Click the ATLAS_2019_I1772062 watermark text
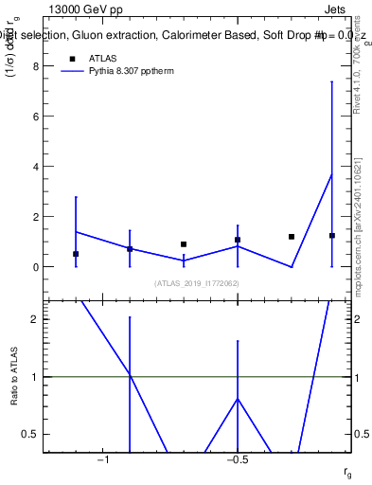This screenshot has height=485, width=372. pyautogui.click(x=196, y=283)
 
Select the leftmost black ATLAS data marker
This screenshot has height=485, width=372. pyautogui.click(x=76, y=254)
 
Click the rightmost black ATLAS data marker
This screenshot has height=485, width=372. pyautogui.click(x=332, y=236)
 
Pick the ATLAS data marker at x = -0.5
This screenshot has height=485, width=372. pyautogui.click(x=238, y=240)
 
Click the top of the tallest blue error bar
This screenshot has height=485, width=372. pyautogui.click(x=332, y=81)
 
